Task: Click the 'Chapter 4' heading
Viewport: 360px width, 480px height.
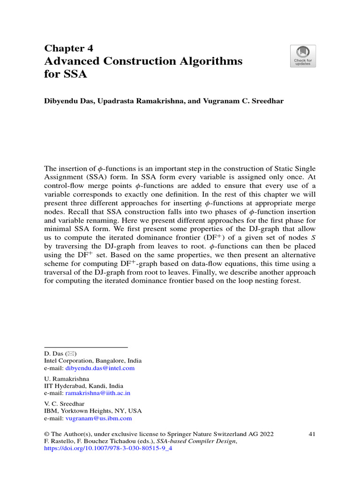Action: pyautogui.click(x=69, y=49)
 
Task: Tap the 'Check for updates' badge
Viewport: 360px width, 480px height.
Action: pyautogui.click(x=303, y=56)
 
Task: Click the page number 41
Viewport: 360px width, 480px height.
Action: pyautogui.click(x=312, y=434)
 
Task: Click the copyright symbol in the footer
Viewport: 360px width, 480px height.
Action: pyautogui.click(x=46, y=434)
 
